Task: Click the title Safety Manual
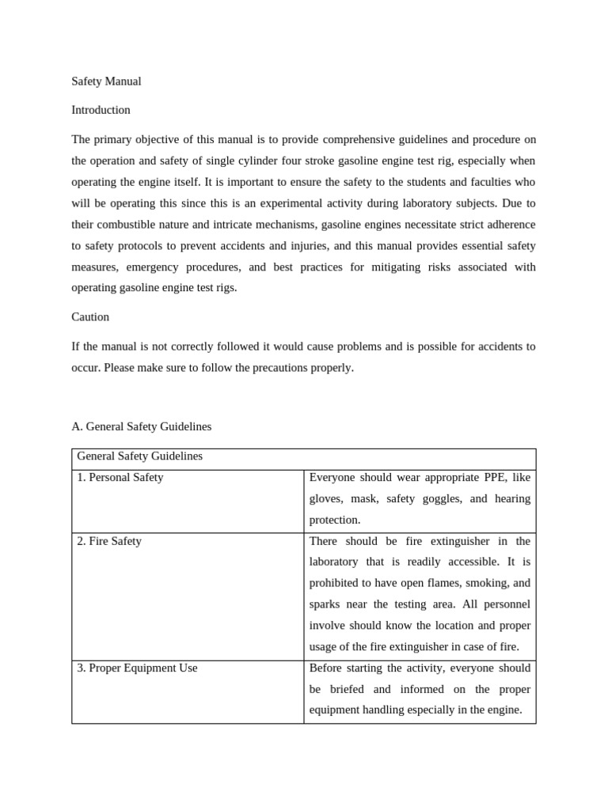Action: click(106, 81)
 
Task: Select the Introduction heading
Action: click(101, 110)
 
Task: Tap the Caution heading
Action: click(90, 316)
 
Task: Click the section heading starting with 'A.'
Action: click(142, 426)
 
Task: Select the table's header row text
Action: click(139, 456)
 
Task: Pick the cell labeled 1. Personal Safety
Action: click(120, 478)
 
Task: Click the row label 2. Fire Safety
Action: click(109, 541)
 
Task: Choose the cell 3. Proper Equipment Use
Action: click(137, 668)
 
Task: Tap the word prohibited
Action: click(336, 583)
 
